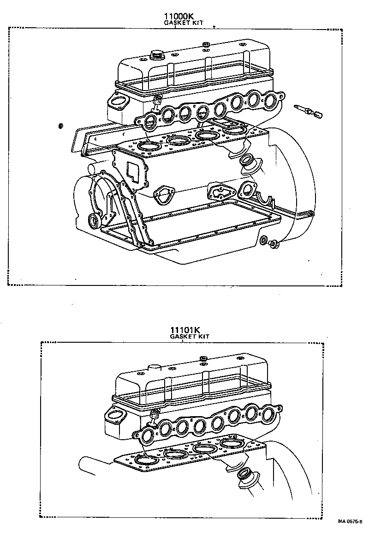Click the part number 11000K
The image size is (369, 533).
[x=184, y=16]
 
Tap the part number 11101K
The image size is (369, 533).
[x=184, y=330]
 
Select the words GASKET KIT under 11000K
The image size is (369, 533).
[x=184, y=23]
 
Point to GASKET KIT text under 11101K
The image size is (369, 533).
[x=190, y=337]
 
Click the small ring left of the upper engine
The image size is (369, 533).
[x=60, y=126]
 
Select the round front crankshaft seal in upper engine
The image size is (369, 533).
[x=94, y=221]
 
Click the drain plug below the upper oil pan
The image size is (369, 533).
[x=272, y=243]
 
